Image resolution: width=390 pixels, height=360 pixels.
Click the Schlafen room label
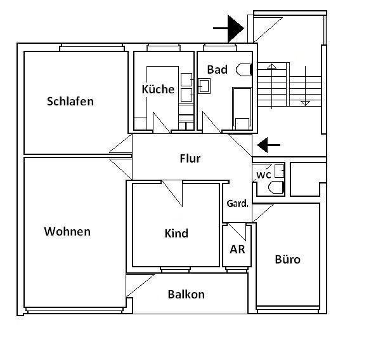(70, 102)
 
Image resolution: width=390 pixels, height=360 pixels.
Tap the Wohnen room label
(67, 232)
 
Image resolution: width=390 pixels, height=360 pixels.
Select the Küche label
(158, 90)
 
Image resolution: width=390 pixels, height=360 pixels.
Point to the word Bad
(217, 70)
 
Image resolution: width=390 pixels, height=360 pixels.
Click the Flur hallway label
(190, 158)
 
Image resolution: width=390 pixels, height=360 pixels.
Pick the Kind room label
(176, 234)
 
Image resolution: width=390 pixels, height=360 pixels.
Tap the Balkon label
(186, 295)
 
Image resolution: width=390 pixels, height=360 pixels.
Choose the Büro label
(287, 260)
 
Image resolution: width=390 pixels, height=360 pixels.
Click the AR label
(237, 250)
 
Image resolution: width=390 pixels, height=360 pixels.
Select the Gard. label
(237, 204)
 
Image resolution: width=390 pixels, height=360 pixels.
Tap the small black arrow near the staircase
(269, 145)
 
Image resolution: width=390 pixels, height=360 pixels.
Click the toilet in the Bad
(244, 70)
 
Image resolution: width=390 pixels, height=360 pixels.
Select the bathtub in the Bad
(242, 107)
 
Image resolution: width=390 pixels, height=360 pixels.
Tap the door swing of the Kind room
(172, 192)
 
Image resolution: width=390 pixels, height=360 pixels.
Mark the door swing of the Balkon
(140, 285)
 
